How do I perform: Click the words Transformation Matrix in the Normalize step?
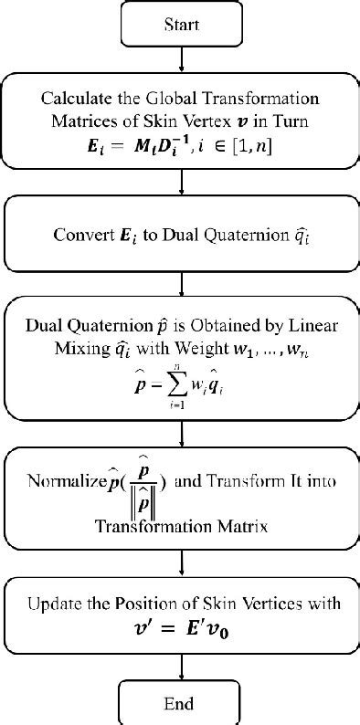184,526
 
